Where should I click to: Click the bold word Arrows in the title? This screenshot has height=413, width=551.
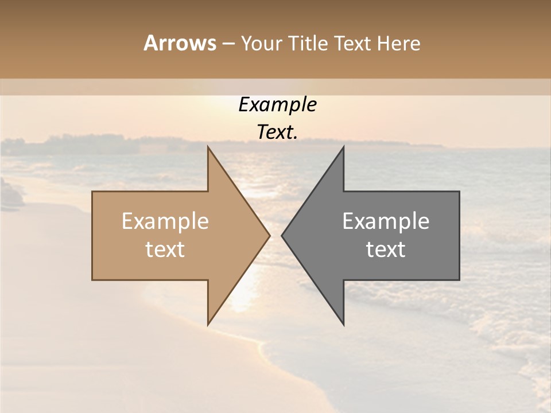click(x=180, y=43)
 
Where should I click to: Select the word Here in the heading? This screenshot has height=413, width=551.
click(x=398, y=44)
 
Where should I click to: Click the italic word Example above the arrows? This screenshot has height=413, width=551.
click(x=277, y=105)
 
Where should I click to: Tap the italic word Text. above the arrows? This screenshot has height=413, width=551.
click(x=277, y=132)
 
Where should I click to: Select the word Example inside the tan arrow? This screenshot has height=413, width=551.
click(x=165, y=221)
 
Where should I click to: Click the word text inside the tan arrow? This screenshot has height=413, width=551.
click(x=165, y=250)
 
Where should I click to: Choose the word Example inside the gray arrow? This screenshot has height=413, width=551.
click(x=386, y=221)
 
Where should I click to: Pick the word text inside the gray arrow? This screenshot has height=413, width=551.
click(x=386, y=250)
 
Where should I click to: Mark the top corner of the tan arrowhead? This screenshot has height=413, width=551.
click(x=208, y=147)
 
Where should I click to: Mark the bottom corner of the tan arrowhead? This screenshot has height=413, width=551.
click(x=208, y=324)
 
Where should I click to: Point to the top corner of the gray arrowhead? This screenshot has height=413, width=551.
click(x=343, y=147)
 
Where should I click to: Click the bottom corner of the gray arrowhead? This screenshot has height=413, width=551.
click(x=343, y=324)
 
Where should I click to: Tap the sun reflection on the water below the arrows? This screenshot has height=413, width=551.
click(x=244, y=298)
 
